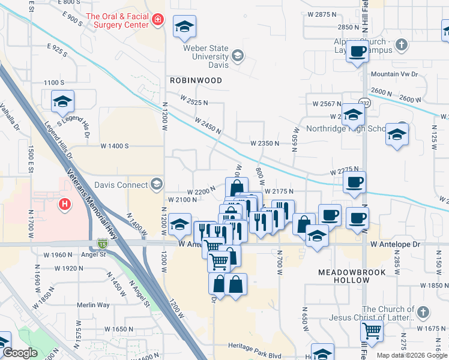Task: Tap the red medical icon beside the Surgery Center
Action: tap(157, 20)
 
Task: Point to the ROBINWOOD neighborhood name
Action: tap(196, 80)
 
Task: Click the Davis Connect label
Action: tap(123, 184)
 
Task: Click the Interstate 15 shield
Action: tap(103, 244)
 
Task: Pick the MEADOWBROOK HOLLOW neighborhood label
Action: tap(352, 276)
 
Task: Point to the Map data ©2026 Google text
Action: tap(412, 355)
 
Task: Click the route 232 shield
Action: tap(365, 103)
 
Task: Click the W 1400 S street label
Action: tap(115, 146)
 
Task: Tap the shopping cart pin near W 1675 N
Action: tap(372, 329)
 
